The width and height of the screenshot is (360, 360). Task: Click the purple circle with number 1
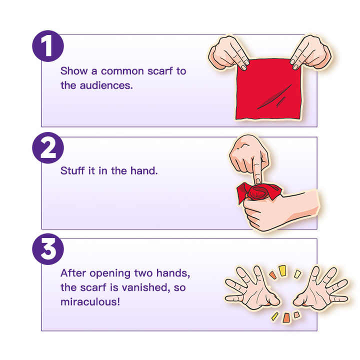48,46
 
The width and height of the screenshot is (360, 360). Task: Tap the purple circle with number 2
48,148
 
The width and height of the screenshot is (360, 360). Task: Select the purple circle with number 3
48,249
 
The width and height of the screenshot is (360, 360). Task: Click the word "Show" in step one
74,71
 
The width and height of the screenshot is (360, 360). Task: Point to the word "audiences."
106,85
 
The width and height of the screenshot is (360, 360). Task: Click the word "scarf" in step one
160,71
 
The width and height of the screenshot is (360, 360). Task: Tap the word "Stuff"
72,171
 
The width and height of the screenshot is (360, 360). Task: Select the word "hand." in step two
144,171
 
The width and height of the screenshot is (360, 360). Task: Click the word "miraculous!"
90,302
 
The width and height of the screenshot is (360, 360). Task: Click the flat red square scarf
268,89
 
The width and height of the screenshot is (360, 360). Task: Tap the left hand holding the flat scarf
228,53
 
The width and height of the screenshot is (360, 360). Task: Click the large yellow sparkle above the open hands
282,270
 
